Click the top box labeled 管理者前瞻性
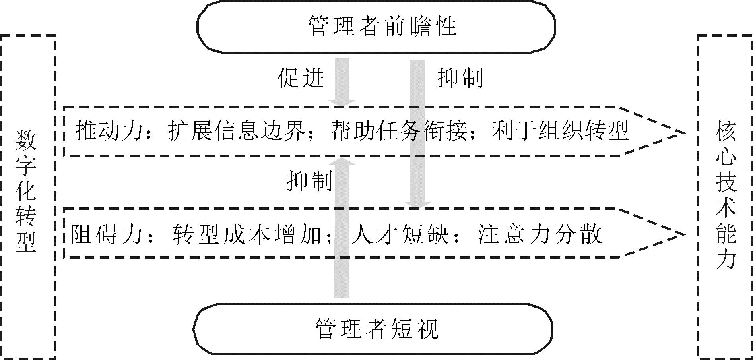[x=376, y=27]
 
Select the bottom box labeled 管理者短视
[x=374, y=329]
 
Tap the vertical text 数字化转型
[x=26, y=190]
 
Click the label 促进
[x=301, y=77]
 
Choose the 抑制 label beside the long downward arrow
[x=460, y=77]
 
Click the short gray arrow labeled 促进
[x=342, y=81]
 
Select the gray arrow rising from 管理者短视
[x=341, y=238]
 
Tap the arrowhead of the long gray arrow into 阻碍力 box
[x=417, y=205]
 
